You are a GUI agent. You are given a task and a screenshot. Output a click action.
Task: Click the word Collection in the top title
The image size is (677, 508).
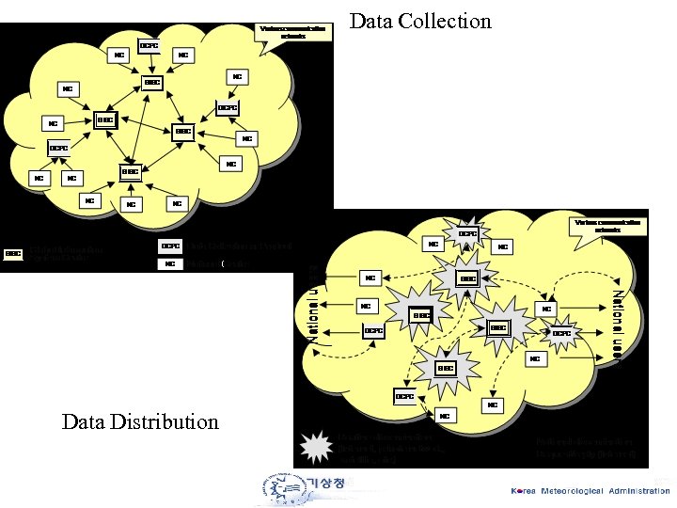pyautogui.click(x=447, y=21)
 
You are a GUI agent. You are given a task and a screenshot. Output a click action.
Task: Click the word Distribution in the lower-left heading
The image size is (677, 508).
pyautogui.click(x=164, y=421)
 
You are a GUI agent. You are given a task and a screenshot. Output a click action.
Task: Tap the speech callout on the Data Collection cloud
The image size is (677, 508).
pyautogui.click(x=294, y=31)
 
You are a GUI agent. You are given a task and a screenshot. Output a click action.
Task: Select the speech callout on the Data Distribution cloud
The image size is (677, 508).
pyautogui.click(x=607, y=226)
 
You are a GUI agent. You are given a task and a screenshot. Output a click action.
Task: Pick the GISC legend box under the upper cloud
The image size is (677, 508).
pyautogui.click(x=14, y=252)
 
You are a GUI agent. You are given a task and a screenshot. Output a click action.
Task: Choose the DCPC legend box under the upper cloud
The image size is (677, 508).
pyautogui.click(x=170, y=246)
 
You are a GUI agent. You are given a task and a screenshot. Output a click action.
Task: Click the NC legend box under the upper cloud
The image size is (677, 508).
pyautogui.click(x=170, y=264)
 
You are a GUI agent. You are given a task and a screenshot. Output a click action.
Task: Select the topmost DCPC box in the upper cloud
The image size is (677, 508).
pyautogui.click(x=149, y=44)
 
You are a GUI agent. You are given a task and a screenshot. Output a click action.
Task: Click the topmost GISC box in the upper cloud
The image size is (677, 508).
pyautogui.click(x=152, y=83)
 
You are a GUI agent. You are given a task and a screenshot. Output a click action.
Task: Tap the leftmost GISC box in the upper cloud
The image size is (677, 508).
pyautogui.click(x=105, y=120)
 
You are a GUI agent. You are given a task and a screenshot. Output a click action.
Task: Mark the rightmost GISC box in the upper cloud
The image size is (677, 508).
pyautogui.click(x=183, y=132)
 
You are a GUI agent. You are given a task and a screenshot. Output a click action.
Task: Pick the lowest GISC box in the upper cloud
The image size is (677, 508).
pyautogui.click(x=130, y=171)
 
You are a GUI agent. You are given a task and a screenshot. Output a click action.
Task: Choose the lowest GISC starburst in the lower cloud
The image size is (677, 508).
pyautogui.click(x=445, y=367)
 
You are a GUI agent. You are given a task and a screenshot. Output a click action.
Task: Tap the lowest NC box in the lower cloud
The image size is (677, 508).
pyautogui.click(x=444, y=415)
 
